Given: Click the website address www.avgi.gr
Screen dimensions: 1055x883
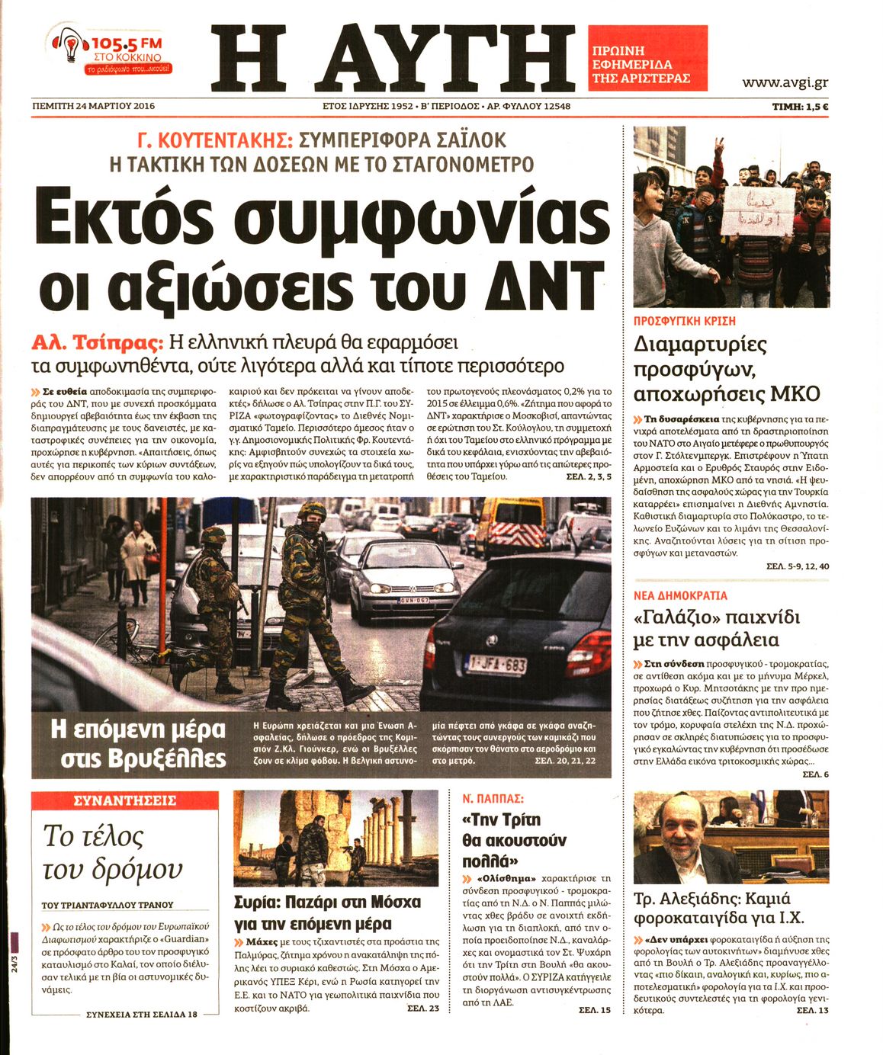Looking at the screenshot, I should point(785,83).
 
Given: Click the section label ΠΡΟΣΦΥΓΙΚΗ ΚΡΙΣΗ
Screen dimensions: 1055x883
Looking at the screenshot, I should point(685,322).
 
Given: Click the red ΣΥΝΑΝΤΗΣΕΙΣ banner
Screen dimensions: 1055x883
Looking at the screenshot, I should point(125,800).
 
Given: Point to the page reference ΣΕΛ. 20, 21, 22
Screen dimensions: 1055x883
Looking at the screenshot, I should point(565,761).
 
